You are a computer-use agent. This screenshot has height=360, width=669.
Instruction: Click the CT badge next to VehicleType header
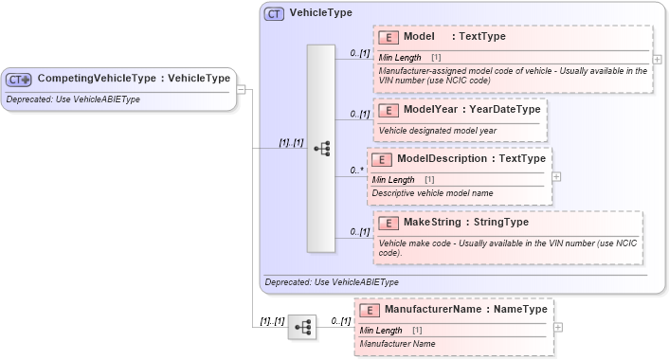274,13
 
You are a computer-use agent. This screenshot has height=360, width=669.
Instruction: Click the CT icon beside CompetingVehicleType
20,79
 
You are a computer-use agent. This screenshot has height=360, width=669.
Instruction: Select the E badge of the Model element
388,37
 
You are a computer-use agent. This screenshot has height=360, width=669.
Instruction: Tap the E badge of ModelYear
388,110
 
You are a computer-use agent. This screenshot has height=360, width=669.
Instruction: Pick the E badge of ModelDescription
381,159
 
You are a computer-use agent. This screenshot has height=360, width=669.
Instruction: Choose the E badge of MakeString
388,223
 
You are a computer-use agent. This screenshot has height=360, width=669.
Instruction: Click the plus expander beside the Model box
658,59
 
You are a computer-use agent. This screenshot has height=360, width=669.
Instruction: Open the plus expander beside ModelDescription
556,176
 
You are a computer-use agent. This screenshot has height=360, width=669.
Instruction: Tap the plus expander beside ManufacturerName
557,327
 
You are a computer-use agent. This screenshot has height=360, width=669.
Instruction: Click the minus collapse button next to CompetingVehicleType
242,90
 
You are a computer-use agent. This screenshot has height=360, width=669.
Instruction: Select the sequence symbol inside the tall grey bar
321,149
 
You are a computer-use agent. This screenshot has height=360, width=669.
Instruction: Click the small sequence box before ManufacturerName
302,327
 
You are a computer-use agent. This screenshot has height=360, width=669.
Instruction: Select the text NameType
521,310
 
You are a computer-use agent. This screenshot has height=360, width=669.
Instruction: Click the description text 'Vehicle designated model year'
437,131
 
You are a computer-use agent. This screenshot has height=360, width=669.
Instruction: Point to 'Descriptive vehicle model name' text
432,193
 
